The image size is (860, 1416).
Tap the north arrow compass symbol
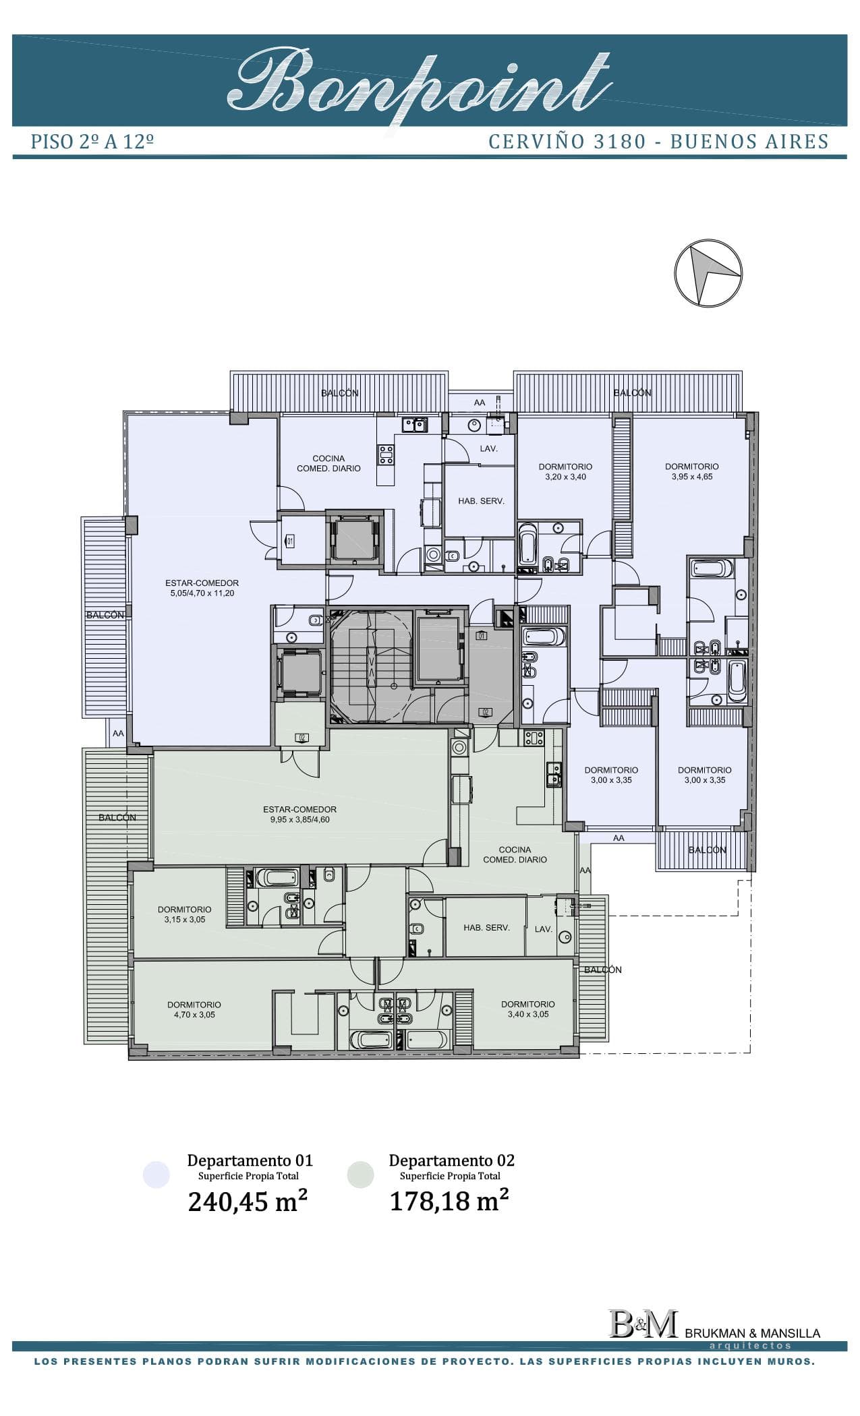coord(708,273)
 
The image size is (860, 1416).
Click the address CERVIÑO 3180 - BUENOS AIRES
coord(658,142)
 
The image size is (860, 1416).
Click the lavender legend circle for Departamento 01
coord(156,1175)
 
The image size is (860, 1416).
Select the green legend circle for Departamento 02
coord(360,1175)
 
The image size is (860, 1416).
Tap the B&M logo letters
coord(642,1324)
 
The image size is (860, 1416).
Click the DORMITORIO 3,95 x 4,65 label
coord(691,471)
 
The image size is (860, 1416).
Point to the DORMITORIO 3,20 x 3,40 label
coord(565,471)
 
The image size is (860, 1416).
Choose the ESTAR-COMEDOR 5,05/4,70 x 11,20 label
coord(202,588)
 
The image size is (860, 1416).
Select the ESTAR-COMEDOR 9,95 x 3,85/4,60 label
coord(299,815)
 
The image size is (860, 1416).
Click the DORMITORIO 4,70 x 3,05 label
coord(194,1009)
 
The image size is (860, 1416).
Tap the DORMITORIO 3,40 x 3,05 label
coord(527,1009)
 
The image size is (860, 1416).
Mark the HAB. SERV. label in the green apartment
coord(486,928)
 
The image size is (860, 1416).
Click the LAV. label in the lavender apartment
coord(488,448)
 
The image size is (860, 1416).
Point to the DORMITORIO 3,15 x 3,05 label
coord(184,914)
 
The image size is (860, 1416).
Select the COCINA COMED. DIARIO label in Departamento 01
coord(328,463)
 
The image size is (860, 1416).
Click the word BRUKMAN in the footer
coord(711,1333)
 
